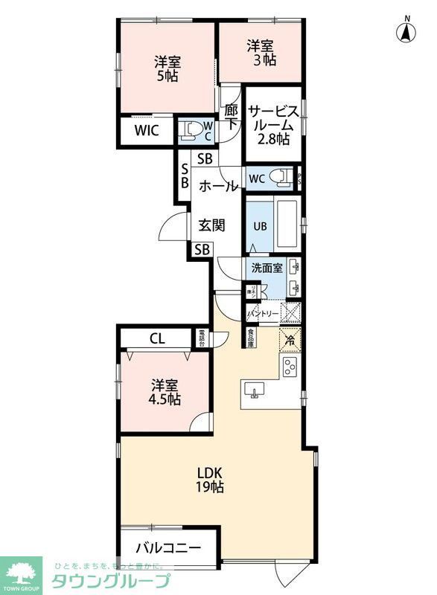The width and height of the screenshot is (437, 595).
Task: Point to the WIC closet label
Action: [x=147, y=132]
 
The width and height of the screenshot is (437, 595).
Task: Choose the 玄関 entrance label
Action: [x=211, y=225]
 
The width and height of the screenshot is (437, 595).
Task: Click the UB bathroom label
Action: [x=261, y=226]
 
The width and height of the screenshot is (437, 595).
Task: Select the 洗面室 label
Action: [x=266, y=268]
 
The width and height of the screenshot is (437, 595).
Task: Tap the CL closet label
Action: [x=156, y=338]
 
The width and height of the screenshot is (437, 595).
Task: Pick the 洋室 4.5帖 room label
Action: [x=166, y=393]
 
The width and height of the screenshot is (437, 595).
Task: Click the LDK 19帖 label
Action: [x=211, y=480]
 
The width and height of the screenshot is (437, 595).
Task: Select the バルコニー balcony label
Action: [x=168, y=549]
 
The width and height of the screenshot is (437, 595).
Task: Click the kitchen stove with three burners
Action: [x=289, y=365]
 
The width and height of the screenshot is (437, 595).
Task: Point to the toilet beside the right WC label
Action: [x=281, y=178]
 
